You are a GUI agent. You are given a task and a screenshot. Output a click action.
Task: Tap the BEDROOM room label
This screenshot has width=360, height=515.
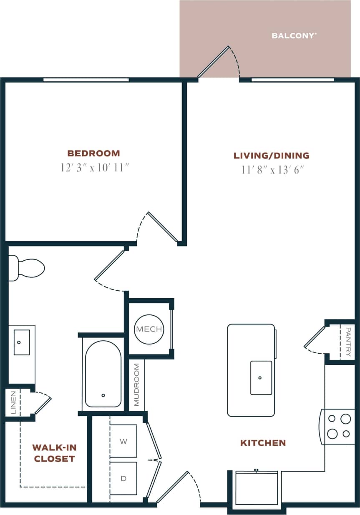coord(94,153)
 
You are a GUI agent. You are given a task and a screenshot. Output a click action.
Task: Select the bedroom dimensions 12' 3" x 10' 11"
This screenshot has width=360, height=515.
coord(94,168)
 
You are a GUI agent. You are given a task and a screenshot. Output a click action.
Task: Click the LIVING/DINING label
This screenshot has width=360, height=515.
coord(272,156)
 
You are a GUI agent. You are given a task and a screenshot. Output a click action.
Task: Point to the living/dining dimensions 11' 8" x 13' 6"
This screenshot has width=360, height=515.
coord(272,170)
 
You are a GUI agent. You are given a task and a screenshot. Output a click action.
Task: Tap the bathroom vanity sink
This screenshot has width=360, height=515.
coord(22,342)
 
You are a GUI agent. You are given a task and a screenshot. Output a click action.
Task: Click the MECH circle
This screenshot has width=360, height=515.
coord(149,329)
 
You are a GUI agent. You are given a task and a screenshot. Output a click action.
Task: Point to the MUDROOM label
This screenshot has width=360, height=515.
coord(136,384)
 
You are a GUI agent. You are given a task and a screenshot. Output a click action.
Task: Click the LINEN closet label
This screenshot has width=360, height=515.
coord(13,402)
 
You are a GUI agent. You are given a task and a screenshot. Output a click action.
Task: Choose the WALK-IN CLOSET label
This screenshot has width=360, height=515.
coord(54,453)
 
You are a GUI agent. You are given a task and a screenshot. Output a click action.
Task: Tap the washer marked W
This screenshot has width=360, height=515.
coord(123,441)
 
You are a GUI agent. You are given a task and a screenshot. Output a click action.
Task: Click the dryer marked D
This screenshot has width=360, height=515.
coord(123,478)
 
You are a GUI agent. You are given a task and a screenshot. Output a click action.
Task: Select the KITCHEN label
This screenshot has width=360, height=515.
coord(263,443)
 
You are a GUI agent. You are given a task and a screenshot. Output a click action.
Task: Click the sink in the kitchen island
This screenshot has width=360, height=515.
coord(261,378)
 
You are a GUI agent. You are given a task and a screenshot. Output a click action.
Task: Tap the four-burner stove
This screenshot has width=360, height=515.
coord(338,426)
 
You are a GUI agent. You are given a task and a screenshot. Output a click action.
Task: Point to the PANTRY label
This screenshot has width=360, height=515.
coord(348,342)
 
